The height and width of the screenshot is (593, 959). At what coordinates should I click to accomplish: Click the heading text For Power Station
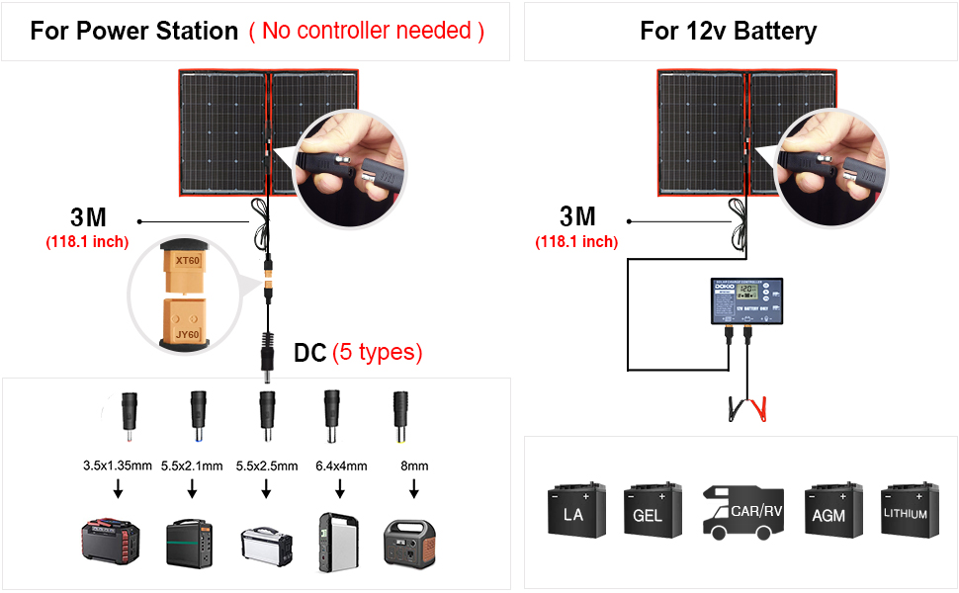pyautogui.click(x=134, y=31)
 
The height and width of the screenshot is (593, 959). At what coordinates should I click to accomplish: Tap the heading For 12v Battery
pyautogui.click(x=728, y=31)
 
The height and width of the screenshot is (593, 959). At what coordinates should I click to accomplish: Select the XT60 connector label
pyautogui.click(x=187, y=261)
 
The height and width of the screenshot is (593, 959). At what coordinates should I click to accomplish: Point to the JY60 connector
pyautogui.click(x=187, y=320)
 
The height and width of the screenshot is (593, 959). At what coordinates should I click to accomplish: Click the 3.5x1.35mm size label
pyautogui.click(x=118, y=466)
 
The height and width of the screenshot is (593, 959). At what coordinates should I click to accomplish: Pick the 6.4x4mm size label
pyautogui.click(x=340, y=466)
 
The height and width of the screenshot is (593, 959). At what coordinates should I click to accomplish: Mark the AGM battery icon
pyautogui.click(x=828, y=511)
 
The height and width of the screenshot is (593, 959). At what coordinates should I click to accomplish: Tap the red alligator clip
pyautogui.click(x=759, y=406)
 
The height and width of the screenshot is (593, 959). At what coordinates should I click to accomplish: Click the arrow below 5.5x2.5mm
pyautogui.click(x=266, y=488)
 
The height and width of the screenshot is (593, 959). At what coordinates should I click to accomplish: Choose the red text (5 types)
pyautogui.click(x=377, y=352)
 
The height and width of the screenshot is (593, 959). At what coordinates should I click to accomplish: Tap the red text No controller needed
pyautogui.click(x=367, y=31)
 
